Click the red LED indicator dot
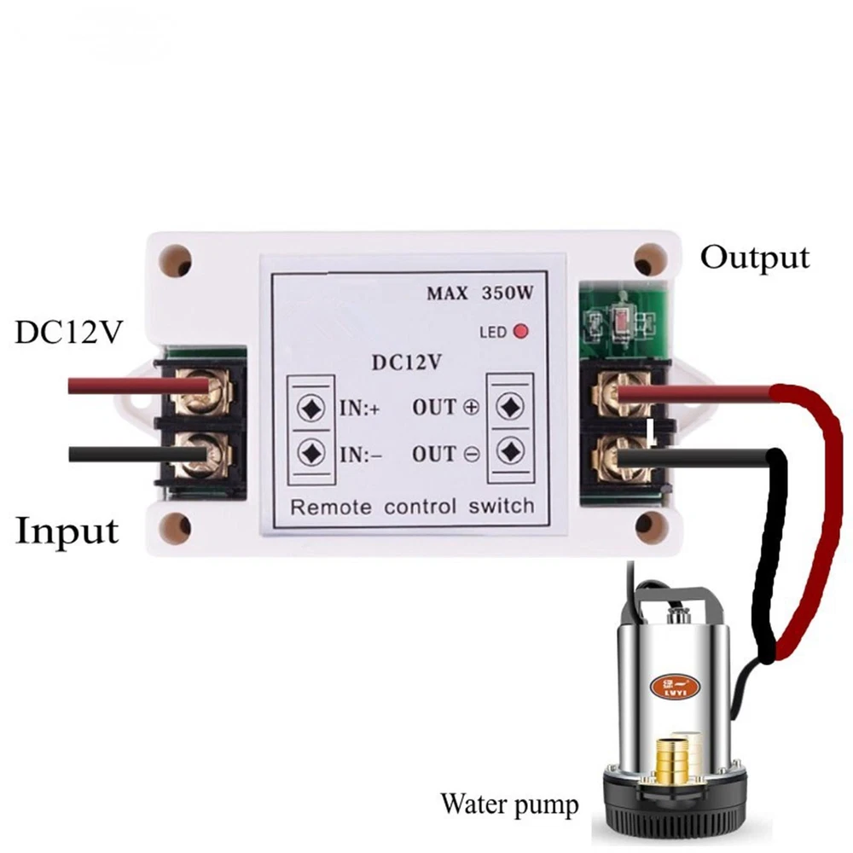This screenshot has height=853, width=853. pos(518,331)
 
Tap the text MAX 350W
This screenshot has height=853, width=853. pos(480,293)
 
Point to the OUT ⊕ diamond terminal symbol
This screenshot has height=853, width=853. pos(509,406)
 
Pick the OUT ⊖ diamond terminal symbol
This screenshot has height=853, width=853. pos(509,450)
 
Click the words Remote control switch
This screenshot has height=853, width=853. pos(412,506)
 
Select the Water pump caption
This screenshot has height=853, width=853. pos(509,804)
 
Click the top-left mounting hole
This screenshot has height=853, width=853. pos(177,262)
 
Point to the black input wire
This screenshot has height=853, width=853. pos(128,454)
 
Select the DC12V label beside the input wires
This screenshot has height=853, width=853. pos(68,333)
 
